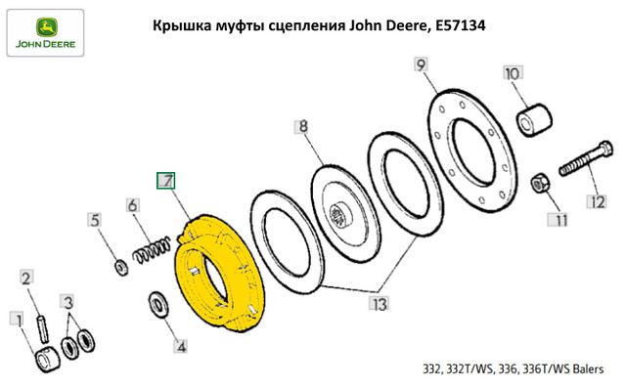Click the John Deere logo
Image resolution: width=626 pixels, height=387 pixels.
(46, 32)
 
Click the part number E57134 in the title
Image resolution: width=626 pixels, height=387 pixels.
(461, 25)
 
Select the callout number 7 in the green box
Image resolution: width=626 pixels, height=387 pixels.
(165, 181)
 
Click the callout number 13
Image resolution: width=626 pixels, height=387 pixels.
(379, 304)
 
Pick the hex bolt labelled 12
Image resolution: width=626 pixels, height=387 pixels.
(586, 159)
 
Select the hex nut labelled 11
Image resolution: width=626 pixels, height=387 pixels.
(540, 183)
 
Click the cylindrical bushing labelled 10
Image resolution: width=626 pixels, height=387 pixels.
(535, 119)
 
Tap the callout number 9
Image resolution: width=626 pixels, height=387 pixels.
(421, 64)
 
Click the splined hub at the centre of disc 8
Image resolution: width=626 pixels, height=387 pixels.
(340, 215)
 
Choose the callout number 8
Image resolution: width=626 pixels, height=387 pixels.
(303, 127)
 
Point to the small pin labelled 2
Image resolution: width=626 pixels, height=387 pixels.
(43, 328)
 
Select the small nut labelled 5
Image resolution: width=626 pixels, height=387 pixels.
(121, 268)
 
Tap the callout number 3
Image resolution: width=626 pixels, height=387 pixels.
(68, 302)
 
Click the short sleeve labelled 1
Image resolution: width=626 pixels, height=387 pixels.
(47, 360)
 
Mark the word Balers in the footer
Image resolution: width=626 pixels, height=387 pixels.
(588, 369)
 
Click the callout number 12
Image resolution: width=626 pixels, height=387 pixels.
(597, 202)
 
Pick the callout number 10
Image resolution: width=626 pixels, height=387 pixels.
(513, 73)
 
